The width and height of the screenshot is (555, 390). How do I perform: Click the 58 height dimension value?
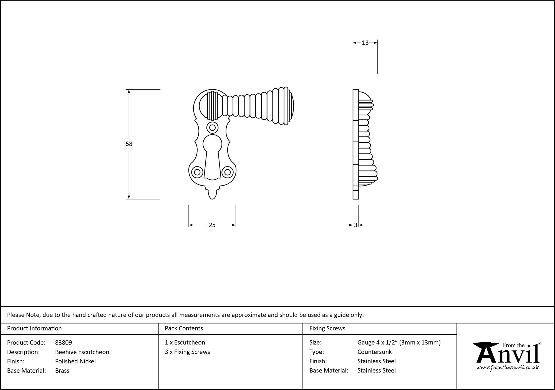tap(129, 144)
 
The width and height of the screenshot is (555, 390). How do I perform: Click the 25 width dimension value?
tap(212, 225)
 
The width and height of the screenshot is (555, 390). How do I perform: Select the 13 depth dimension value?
tap(365, 43)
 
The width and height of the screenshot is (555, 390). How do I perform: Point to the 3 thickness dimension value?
tap(356, 225)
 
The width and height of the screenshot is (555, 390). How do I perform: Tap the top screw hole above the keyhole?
tap(212, 128)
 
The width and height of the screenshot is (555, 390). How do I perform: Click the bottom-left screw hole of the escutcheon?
tap(197, 172)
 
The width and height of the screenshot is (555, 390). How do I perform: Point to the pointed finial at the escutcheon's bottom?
tap(212, 194)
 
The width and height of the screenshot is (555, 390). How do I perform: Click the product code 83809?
tap(64, 343)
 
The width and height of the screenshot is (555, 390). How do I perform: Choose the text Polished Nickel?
tap(75, 361)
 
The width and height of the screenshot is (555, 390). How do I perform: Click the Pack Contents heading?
tap(184, 328)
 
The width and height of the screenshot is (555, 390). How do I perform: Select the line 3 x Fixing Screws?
tap(187, 352)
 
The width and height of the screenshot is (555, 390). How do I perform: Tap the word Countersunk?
tap(374, 352)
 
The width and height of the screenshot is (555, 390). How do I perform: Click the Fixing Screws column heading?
tap(327, 328)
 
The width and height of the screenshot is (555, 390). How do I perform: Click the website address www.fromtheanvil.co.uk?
tap(508, 368)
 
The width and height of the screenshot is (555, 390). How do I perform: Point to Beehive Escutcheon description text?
tap(82, 352)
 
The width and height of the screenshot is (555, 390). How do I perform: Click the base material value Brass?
tap(62, 371)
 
